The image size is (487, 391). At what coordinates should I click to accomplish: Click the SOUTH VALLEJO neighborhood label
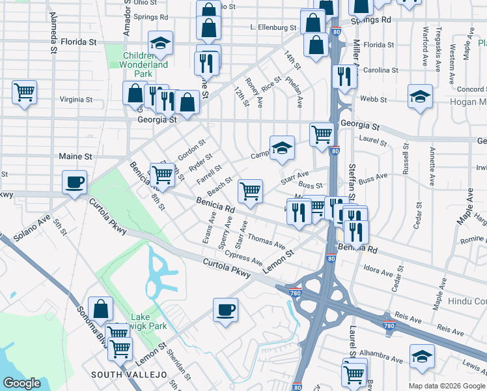coord(129,374)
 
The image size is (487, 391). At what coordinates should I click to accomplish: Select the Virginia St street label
coord(76,100)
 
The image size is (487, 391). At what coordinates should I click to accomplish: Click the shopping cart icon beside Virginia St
coord(24,92)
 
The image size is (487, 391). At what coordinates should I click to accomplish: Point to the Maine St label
coord(76,156)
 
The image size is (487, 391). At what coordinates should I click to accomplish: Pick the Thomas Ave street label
coord(266,242)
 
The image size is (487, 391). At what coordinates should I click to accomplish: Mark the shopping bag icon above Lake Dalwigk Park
coord(101,309)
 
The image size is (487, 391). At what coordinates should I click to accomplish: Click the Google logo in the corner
coord(22,383)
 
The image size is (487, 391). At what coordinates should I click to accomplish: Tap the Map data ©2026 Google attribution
coord(447,386)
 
